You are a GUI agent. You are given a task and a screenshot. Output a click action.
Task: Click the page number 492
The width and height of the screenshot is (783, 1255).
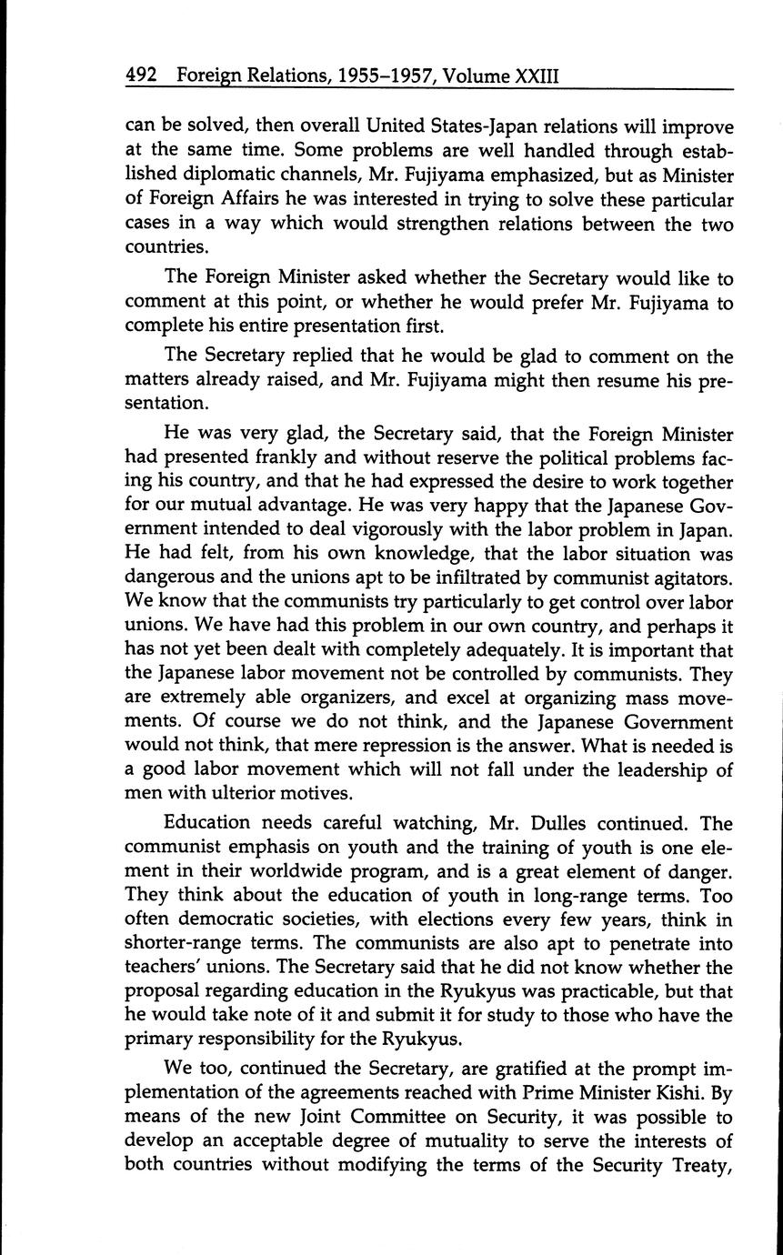pyautogui.click(x=142, y=77)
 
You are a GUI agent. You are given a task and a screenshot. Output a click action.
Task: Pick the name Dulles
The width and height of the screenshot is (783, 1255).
pyautogui.click(x=516, y=823)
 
